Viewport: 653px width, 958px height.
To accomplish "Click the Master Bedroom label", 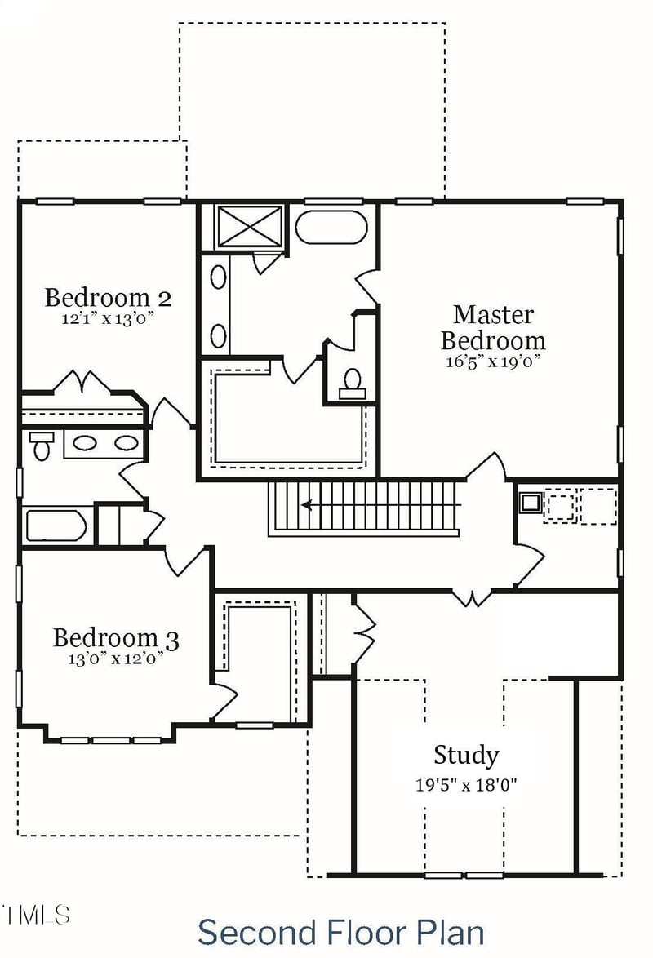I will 493,326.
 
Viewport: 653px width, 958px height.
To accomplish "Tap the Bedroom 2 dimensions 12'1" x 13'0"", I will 108,319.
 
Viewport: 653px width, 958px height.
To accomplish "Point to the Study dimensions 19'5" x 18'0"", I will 466,785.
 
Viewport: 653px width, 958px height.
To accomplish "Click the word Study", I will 466,755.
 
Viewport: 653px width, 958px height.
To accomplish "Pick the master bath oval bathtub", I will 331,227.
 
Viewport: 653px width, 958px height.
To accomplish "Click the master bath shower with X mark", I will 249,226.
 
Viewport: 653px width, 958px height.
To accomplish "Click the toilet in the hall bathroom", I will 41,446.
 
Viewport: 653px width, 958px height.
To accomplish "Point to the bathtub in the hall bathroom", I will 56,526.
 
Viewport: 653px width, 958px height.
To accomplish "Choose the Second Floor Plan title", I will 340,931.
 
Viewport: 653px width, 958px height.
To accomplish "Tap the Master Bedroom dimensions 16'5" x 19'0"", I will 493,361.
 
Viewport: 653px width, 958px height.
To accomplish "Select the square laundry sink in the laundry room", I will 531,503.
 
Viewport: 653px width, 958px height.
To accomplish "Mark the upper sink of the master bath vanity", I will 219,277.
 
